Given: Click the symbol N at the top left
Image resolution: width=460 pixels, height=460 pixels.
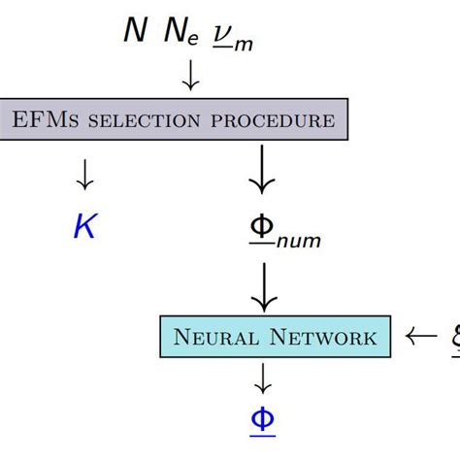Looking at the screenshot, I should (x=136, y=30).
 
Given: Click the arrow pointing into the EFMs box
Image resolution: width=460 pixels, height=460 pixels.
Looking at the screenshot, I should (x=191, y=77).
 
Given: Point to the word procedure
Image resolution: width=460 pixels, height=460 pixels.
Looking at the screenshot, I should (x=274, y=120).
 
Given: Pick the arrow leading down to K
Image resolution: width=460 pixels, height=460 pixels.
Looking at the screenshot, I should (x=84, y=174).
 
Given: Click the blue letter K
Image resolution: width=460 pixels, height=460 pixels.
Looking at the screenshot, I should (x=84, y=226).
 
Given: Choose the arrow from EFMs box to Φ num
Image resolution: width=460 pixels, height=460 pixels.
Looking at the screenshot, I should (x=261, y=174).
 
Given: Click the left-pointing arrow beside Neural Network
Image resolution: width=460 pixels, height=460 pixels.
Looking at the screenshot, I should (x=420, y=338).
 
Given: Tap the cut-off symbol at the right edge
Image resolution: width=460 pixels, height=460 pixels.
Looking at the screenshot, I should (x=453, y=339).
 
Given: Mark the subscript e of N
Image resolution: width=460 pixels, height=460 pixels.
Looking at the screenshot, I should (x=194, y=39).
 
